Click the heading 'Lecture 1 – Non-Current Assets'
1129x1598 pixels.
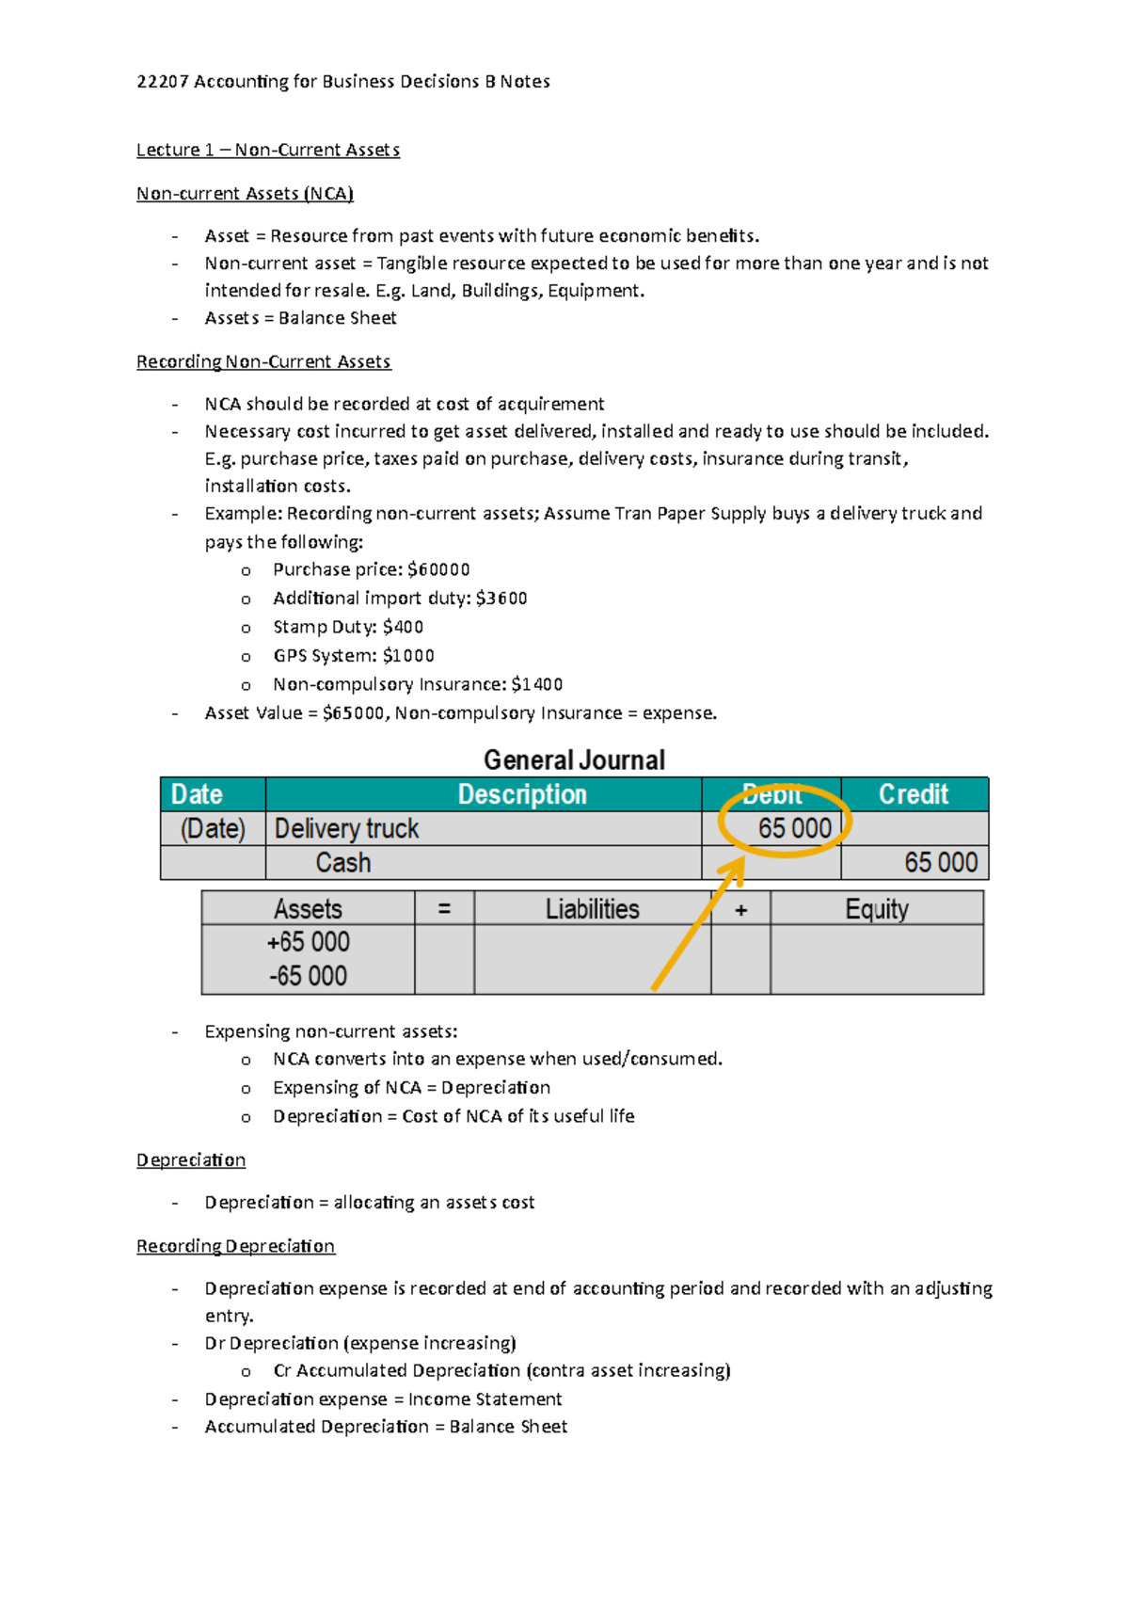pos(268,150)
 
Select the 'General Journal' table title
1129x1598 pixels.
pos(574,759)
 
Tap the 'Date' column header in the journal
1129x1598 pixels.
pos(197,794)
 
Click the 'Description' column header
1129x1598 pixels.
pos(522,794)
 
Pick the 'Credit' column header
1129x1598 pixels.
pos(913,794)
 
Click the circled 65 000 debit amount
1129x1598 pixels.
pos(794,828)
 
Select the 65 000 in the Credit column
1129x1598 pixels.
pos(940,862)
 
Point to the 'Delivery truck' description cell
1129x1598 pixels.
pos(346,828)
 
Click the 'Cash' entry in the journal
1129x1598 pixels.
pos(342,862)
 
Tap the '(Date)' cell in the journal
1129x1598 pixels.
pos(213,828)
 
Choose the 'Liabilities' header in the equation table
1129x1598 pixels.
pos(592,909)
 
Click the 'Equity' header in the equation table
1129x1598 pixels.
pos(876,909)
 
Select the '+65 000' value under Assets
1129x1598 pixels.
pos(309,942)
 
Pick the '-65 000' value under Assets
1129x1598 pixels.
pos(309,976)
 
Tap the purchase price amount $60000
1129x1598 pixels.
pos(438,569)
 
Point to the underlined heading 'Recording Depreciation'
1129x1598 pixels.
pos(235,1246)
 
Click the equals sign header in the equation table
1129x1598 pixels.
pos(444,909)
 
